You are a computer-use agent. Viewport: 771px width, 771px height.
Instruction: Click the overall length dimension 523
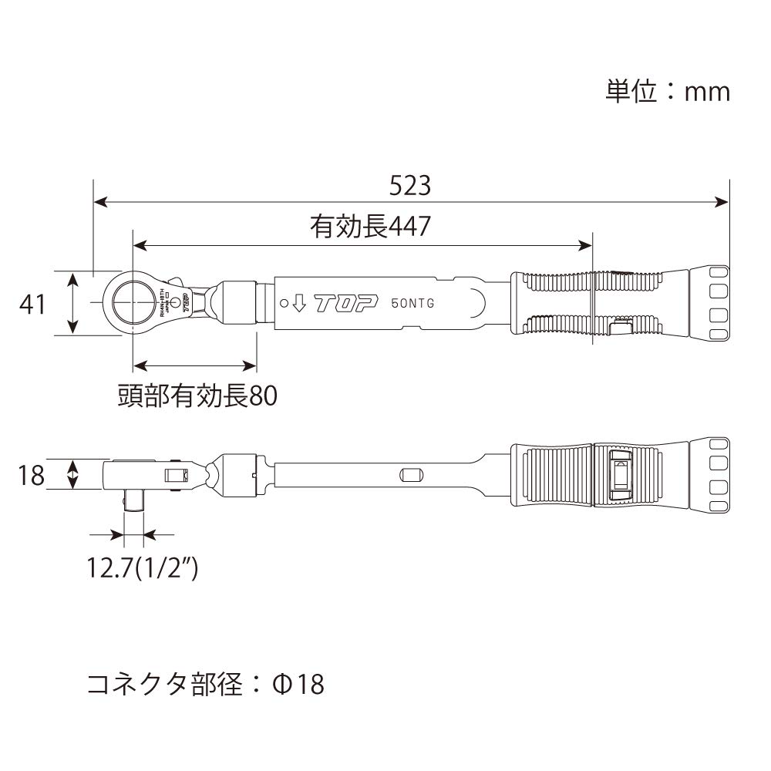[x=409, y=186]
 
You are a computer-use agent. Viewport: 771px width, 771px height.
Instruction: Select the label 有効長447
[x=369, y=227]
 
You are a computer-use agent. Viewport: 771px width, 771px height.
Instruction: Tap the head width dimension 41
[x=32, y=304]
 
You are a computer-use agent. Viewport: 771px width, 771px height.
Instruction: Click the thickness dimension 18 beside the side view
[x=32, y=475]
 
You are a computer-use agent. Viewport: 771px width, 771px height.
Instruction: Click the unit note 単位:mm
[x=667, y=92]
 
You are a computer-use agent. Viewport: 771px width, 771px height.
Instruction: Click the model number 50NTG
[x=412, y=303]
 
